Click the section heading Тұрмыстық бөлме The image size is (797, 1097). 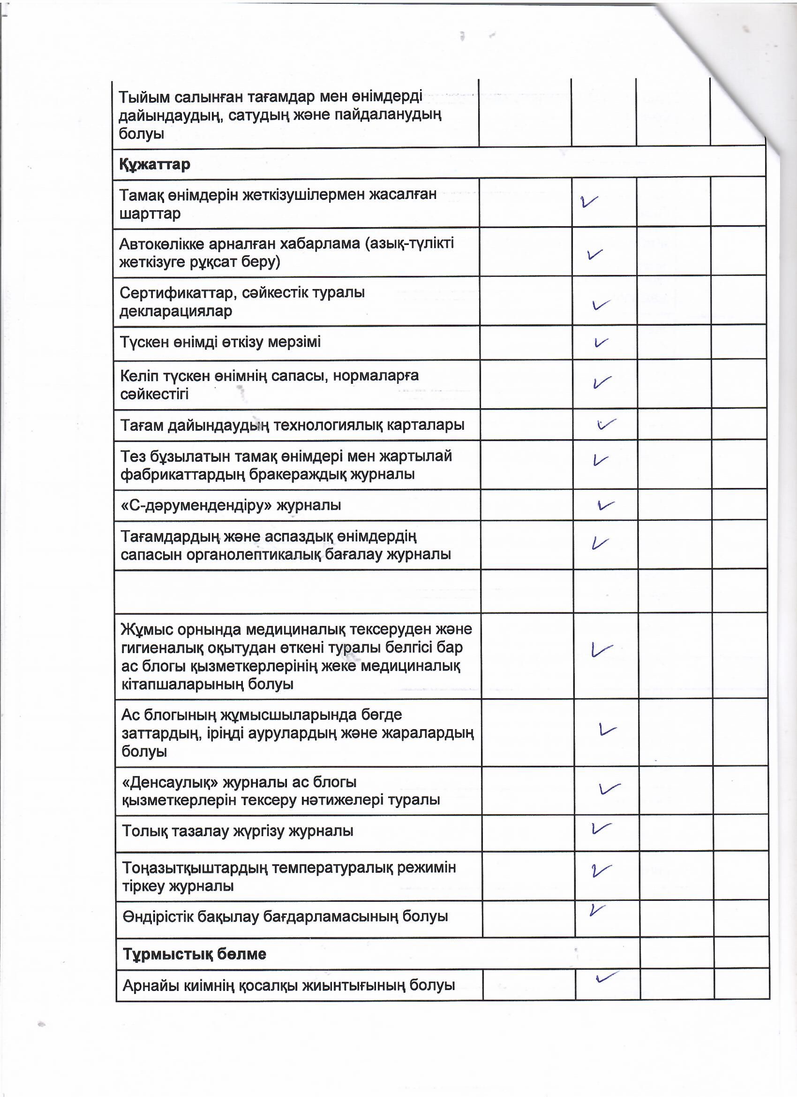click(194, 954)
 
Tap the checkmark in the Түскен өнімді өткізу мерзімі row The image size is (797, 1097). click(601, 343)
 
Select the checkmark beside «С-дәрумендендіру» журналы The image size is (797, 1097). click(606, 505)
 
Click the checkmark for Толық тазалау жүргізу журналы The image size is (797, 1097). click(601, 828)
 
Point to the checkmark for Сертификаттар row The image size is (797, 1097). click(601, 305)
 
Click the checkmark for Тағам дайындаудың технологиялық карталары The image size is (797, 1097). click(606, 424)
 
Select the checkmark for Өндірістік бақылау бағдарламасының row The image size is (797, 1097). click(597, 910)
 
